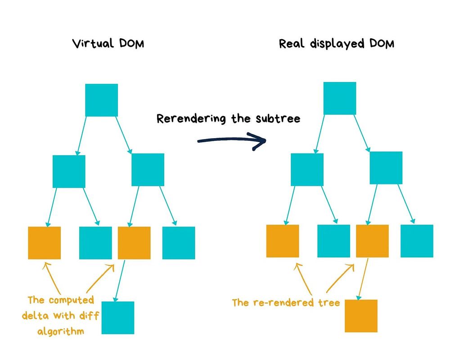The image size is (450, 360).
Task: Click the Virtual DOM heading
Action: tap(108, 44)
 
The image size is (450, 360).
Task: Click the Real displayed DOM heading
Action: tap(337, 44)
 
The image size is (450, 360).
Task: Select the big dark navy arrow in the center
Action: tap(232, 141)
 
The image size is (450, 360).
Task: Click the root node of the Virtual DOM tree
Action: tap(102, 100)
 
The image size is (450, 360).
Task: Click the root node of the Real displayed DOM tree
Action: tap(340, 98)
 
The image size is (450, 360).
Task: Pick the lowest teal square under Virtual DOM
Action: tap(118, 318)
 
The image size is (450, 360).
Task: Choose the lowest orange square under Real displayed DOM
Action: tap(361, 316)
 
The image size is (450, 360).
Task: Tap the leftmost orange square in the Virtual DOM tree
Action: tap(45, 243)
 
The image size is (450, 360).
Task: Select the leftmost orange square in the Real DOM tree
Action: tap(283, 241)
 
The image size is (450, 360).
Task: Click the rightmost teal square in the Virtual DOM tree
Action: tap(179, 243)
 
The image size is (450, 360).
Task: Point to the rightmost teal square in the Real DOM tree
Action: tap(417, 241)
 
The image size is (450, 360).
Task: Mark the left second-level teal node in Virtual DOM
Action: tap(69, 171)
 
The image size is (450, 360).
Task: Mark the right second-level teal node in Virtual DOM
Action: tap(148, 170)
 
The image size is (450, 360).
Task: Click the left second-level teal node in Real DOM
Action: tap(307, 170)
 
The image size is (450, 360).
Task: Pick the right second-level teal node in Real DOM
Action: tap(386, 168)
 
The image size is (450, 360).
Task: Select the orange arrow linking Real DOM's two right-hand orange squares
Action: tap(362, 279)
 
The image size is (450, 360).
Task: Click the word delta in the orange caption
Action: tap(35, 315)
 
